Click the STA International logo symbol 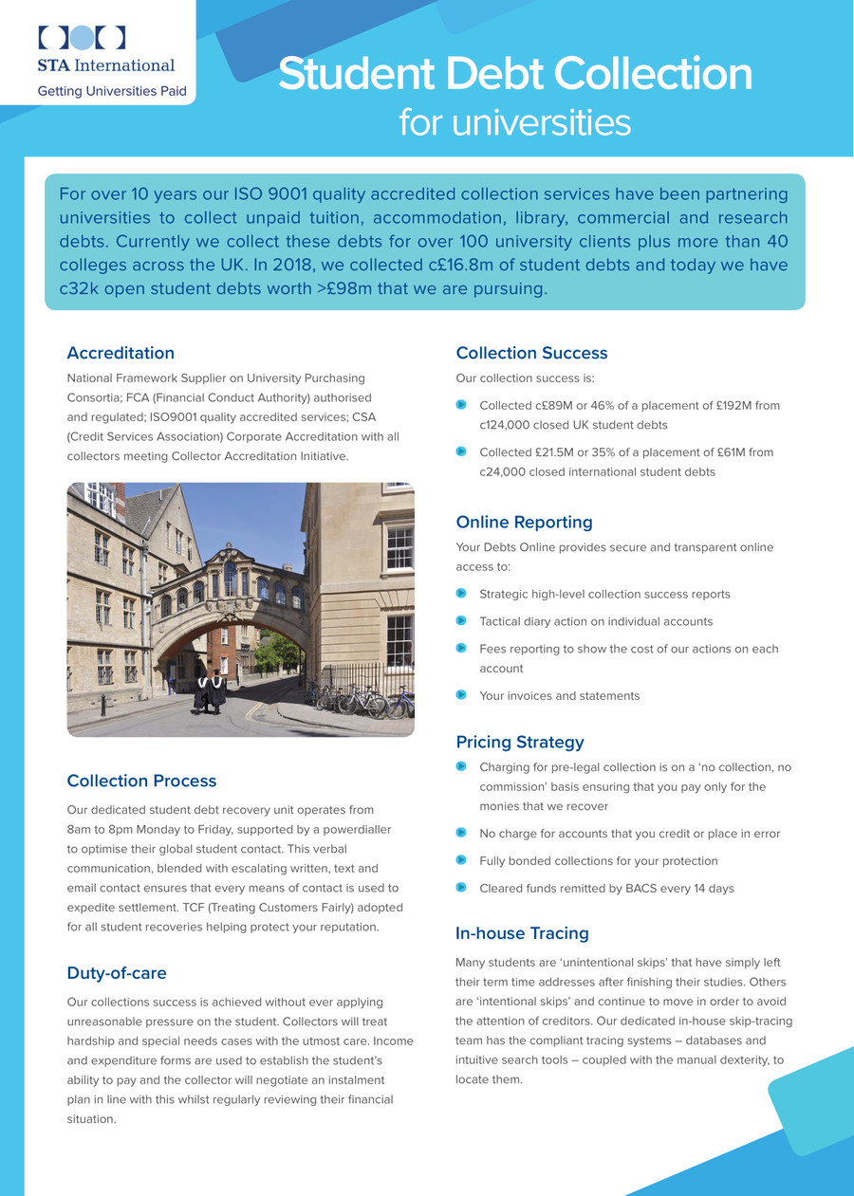(x=82, y=37)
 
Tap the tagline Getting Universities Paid (x=112, y=92)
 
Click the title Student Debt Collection (x=514, y=74)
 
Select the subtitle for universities (x=514, y=122)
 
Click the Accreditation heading (x=121, y=353)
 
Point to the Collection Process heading (x=141, y=781)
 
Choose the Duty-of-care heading (x=117, y=972)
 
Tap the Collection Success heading (x=531, y=353)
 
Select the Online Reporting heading (x=524, y=522)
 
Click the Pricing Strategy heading (x=519, y=742)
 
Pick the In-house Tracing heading (x=522, y=933)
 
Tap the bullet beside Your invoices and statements (x=461, y=695)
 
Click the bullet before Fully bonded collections (x=461, y=860)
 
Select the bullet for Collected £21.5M (x=461, y=451)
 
